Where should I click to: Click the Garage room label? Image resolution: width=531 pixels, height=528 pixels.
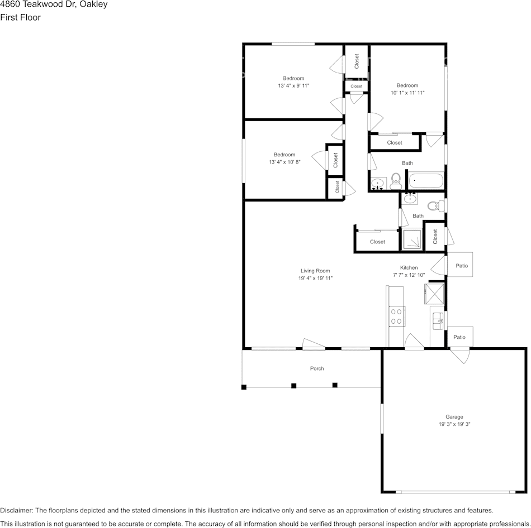[x=454, y=417]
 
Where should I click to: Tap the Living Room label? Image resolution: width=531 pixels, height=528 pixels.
[x=315, y=271]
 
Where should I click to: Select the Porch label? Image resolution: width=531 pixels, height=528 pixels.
[x=317, y=368]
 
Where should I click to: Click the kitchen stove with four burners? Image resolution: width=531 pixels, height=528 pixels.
[x=396, y=316]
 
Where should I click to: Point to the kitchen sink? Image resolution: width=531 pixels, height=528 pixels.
[x=438, y=321]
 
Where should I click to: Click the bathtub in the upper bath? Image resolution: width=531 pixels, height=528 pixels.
[x=426, y=181]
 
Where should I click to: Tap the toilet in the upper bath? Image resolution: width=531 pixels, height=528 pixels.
[x=396, y=181]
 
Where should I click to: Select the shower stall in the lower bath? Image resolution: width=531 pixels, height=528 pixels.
[x=412, y=239]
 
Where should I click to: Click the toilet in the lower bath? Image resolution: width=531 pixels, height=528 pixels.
[x=436, y=205]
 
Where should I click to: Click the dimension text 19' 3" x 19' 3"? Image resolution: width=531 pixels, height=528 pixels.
[x=454, y=424]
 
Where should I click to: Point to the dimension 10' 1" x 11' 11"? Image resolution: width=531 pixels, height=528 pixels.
[x=407, y=93]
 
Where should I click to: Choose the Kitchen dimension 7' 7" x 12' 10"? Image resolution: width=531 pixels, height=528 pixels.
[x=409, y=275]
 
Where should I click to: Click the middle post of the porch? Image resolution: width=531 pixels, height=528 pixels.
[x=293, y=386]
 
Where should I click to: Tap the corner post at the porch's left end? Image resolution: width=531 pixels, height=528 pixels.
[x=244, y=387]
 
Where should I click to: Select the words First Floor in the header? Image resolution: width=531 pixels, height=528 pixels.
[x=20, y=18]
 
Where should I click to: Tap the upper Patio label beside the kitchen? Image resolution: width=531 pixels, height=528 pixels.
[x=462, y=266]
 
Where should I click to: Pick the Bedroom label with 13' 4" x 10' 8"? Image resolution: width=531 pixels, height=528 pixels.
[x=285, y=155]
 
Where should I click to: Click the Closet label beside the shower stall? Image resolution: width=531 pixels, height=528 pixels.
[x=435, y=237]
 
